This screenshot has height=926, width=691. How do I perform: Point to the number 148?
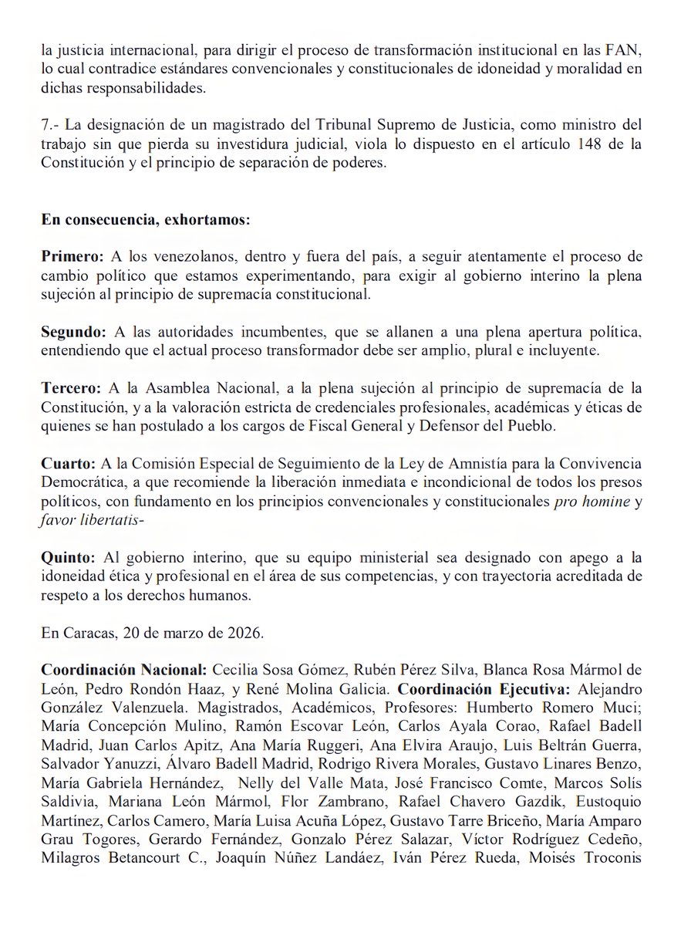coord(592,144)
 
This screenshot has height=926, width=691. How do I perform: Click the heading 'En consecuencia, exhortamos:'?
coord(146,220)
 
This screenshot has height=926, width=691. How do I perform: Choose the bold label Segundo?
coord(74,332)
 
